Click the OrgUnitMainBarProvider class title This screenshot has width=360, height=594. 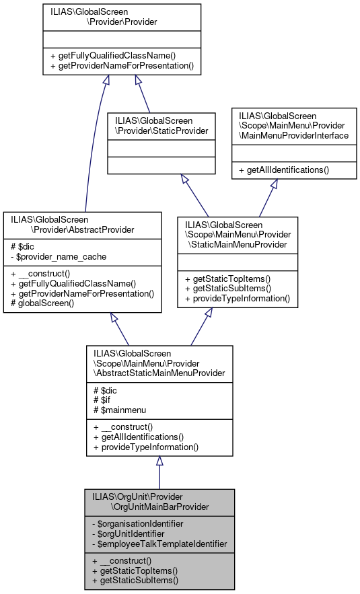pos(159,500)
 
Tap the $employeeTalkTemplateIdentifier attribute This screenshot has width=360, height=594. pos(159,542)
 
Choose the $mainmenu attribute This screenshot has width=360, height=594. pos(120,410)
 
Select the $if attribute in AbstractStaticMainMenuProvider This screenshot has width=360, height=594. pos(102,400)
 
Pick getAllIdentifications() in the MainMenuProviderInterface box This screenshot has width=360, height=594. pos(287,170)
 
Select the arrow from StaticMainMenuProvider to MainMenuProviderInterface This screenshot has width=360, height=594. pos(266,198)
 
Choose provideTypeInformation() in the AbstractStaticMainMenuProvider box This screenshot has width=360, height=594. pos(146,447)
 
